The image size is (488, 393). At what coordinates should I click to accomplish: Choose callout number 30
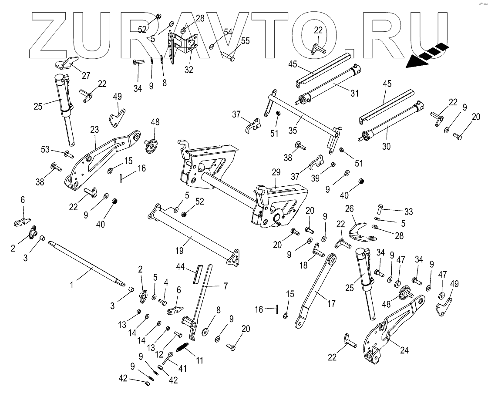386,147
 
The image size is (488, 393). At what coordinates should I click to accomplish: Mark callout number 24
404,350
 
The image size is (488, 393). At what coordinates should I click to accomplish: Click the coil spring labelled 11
183,348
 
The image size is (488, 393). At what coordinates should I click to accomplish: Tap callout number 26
349,209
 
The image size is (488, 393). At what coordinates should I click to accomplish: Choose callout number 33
408,212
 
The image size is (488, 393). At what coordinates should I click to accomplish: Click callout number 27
86,76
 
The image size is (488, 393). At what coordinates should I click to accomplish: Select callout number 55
246,42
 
